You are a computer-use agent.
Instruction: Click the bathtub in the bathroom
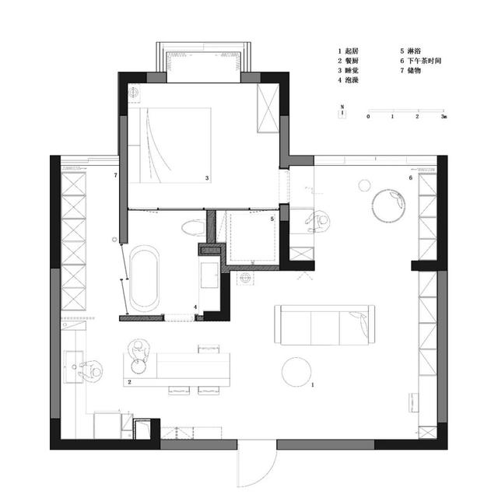click(145, 279)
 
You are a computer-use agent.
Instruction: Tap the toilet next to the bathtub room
click(194, 227)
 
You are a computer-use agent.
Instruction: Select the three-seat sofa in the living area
click(324, 324)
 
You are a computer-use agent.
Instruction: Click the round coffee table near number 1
click(296, 372)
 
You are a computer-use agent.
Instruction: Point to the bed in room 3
click(170, 146)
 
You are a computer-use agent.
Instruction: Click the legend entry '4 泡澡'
click(348, 80)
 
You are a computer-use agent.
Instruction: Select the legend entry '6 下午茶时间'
click(420, 61)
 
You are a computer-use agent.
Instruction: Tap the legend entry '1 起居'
click(348, 51)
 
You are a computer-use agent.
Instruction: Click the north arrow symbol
click(342, 111)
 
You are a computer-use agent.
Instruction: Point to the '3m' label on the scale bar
click(444, 117)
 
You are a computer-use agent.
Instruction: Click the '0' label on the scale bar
click(368, 117)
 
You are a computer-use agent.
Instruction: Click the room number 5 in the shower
click(272, 219)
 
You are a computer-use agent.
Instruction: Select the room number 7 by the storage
click(116, 175)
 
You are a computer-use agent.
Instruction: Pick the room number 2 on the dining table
click(129, 382)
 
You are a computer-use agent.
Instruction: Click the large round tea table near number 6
click(388, 205)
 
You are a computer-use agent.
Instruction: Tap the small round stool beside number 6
click(365, 185)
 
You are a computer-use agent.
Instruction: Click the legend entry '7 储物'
click(410, 71)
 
